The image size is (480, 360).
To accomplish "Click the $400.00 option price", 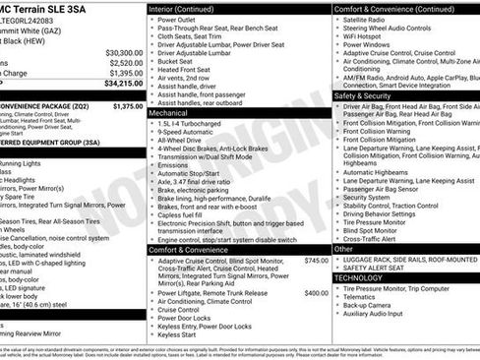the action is pos(317,292).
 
